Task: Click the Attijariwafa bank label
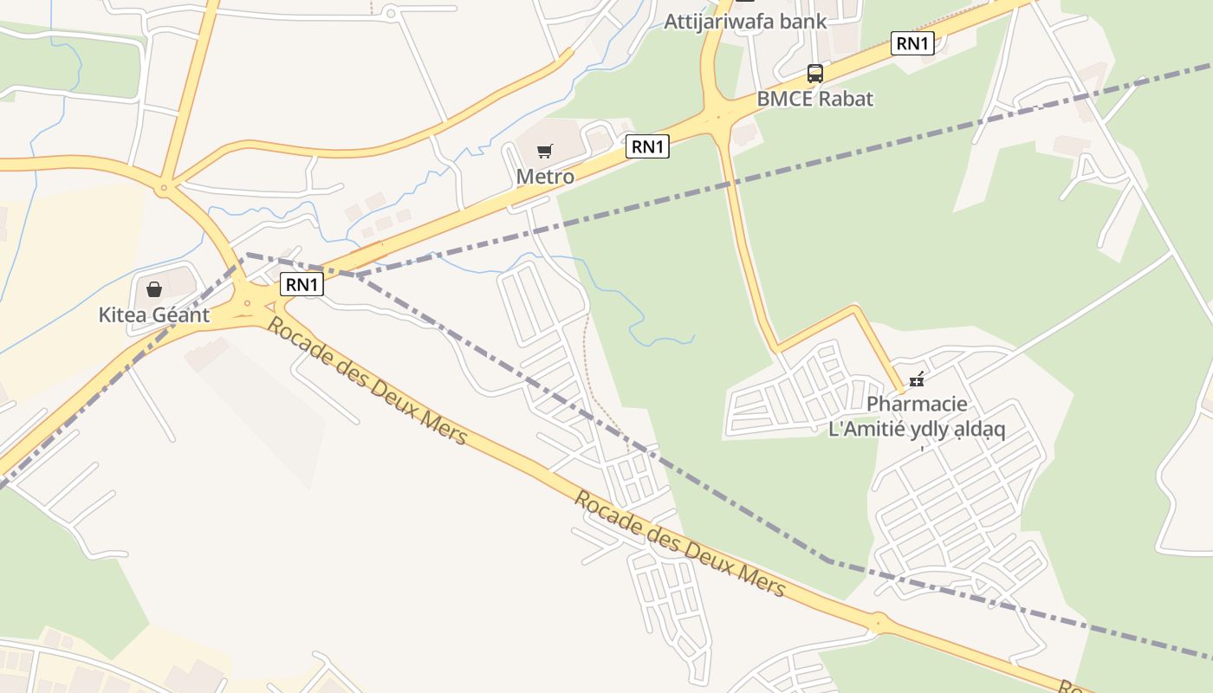[745, 22]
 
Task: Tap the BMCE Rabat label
[814, 99]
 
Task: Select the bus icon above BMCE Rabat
[814, 74]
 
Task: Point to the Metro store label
[545, 177]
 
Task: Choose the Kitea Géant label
[154, 314]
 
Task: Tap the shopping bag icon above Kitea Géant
[154, 288]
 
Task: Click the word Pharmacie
[917, 405]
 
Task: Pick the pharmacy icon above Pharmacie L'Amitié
[917, 379]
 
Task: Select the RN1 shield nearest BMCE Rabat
[912, 43]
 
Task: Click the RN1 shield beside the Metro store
[647, 146]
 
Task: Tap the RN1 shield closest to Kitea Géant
[302, 283]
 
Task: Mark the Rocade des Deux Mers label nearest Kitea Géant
[366, 381]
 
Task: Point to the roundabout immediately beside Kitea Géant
[248, 303]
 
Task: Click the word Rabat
[846, 99]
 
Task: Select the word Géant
[181, 314]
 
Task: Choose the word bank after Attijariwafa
[802, 22]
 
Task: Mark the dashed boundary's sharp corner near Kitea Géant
[247, 255]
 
